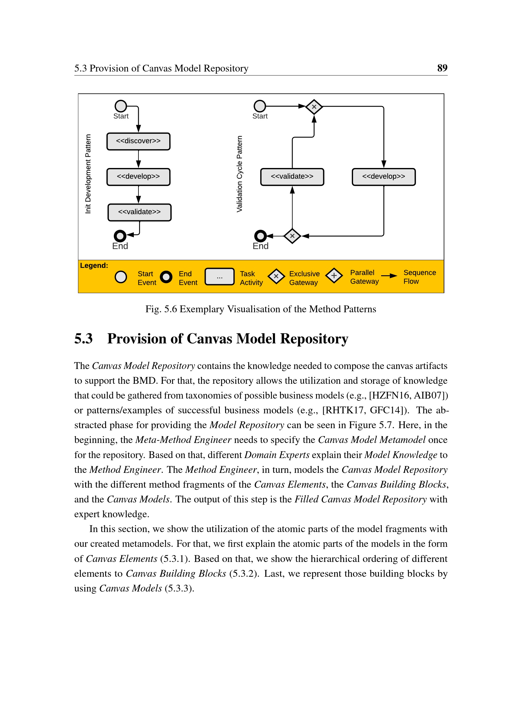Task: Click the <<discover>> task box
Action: pyautogui.click(x=138, y=141)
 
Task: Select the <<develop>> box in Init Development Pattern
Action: pyautogui.click(x=138, y=177)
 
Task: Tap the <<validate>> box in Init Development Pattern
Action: pyautogui.click(x=139, y=212)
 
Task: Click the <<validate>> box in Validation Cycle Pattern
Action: pyautogui.click(x=292, y=177)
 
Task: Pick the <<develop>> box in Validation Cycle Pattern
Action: pyautogui.click(x=384, y=177)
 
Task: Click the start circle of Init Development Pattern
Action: pyautogui.click(x=121, y=106)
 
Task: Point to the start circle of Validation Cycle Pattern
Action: pyautogui.click(x=260, y=106)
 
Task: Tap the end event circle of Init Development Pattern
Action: pyautogui.click(x=120, y=236)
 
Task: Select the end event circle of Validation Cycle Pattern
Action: pyautogui.click(x=260, y=236)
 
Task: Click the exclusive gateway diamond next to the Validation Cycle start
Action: pyautogui.click(x=314, y=107)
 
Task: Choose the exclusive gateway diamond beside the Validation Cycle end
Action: pyautogui.click(x=292, y=236)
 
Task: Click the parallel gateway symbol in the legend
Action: pyautogui.click(x=334, y=276)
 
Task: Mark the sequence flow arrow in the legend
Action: pyautogui.click(x=389, y=276)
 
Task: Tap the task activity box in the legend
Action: pyautogui.click(x=220, y=277)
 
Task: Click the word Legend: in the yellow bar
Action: pyautogui.click(x=94, y=265)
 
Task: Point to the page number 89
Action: pyautogui.click(x=442, y=68)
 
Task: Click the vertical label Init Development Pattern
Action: pyautogui.click(x=88, y=174)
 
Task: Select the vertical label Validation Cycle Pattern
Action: pyautogui.click(x=239, y=174)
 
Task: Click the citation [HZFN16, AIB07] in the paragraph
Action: pyautogui.click(x=408, y=395)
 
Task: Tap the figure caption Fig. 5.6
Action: pyautogui.click(x=260, y=309)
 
